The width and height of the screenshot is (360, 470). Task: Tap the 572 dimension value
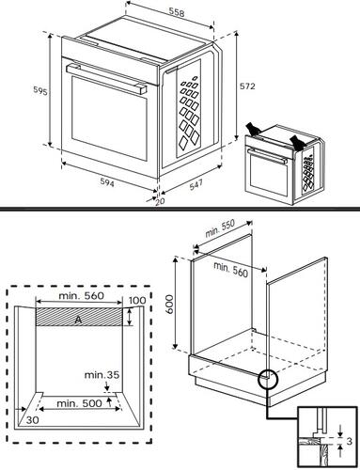(247, 86)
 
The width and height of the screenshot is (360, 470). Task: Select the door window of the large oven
(103, 117)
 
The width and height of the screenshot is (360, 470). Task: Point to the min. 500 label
(79, 402)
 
